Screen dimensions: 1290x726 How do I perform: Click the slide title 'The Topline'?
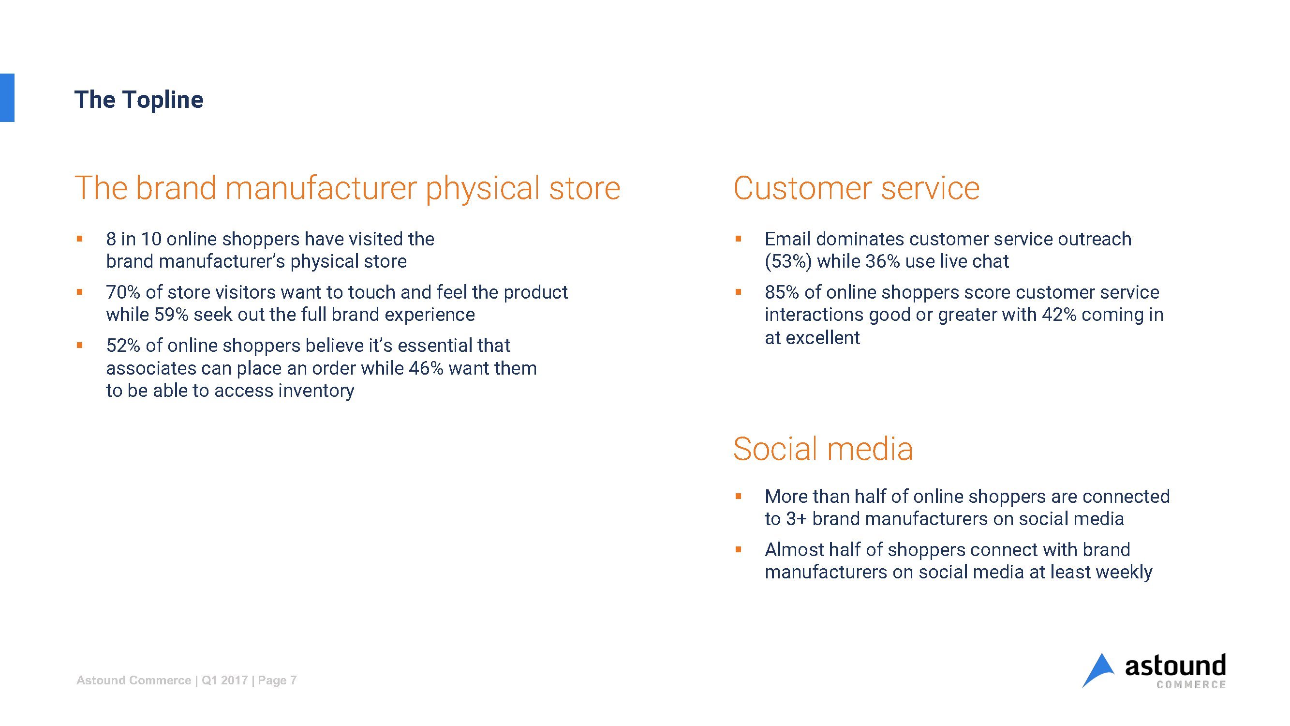pyautogui.click(x=139, y=100)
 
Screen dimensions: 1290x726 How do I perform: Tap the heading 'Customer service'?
pyautogui.click(x=856, y=188)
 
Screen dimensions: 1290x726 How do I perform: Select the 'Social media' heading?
pyautogui.click(x=823, y=449)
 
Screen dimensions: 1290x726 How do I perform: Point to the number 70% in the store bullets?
pyautogui.click(x=123, y=292)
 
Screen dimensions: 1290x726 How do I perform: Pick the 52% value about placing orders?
pyautogui.click(x=123, y=345)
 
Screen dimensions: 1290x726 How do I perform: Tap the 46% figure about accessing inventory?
pyautogui.click(x=426, y=368)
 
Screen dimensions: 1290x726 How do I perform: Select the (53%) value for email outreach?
pyautogui.click(x=788, y=261)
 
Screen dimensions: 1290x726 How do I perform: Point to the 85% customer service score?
pyautogui.click(x=782, y=292)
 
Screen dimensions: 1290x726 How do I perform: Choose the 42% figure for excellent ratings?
pyautogui.click(x=1059, y=315)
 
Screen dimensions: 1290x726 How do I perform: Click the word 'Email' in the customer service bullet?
pyautogui.click(x=788, y=239)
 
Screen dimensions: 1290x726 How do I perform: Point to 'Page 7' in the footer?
pyautogui.click(x=278, y=680)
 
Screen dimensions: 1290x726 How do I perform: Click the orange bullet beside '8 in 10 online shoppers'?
pyautogui.click(x=79, y=239)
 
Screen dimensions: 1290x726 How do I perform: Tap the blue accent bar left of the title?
pyautogui.click(x=7, y=98)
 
